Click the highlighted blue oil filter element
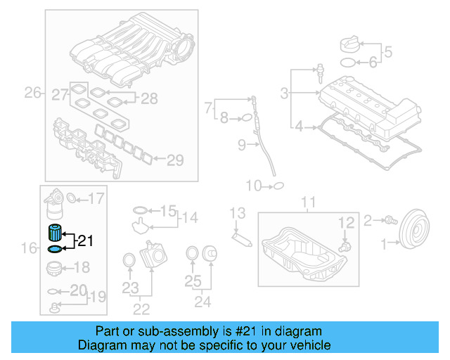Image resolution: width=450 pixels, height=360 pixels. (x=54, y=233)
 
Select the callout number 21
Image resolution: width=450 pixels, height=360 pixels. (x=85, y=241)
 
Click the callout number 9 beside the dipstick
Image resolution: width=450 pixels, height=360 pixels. (x=241, y=146)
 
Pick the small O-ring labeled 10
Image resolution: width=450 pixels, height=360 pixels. (x=278, y=186)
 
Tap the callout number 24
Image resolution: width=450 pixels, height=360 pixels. (x=202, y=302)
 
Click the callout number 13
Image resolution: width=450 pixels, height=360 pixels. (x=238, y=213)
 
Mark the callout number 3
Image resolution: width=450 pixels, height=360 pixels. (x=285, y=93)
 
